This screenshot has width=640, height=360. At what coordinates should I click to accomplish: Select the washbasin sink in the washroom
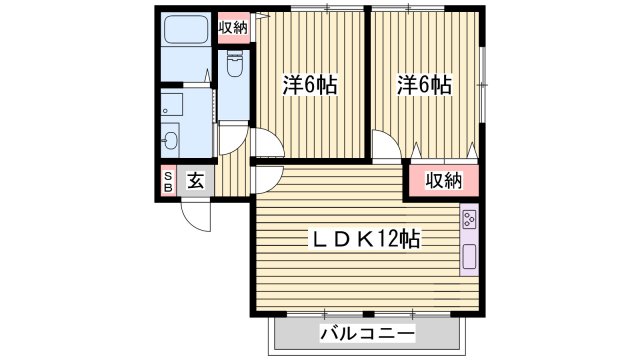click(171, 139)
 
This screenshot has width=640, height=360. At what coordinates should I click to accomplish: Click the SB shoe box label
click(168, 181)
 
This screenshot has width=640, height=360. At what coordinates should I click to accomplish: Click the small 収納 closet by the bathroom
click(234, 28)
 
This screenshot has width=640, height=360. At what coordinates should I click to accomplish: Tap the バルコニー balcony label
click(367, 333)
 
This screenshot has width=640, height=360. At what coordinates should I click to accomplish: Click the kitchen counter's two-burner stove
click(468, 220)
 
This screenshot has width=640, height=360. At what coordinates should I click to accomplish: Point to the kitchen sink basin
click(468, 257)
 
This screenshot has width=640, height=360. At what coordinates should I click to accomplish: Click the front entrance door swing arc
click(195, 215)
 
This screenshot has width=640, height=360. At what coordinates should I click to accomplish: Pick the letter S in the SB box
click(168, 175)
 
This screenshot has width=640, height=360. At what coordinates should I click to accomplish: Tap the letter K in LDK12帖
click(366, 240)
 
